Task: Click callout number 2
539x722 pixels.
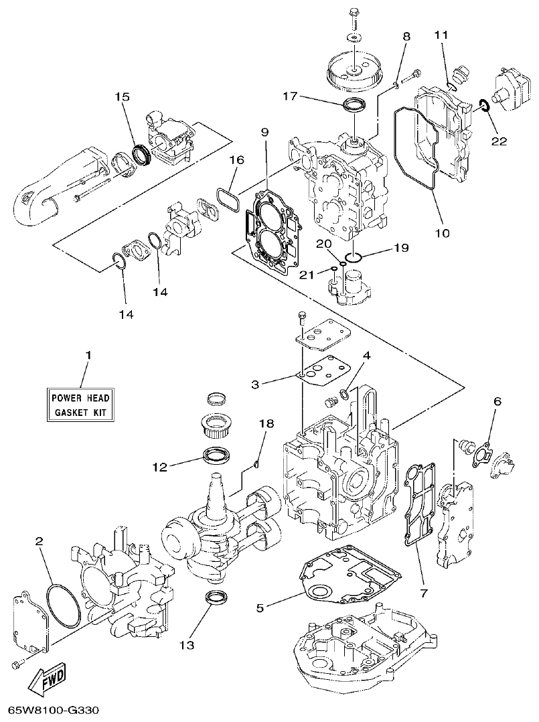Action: click(x=40, y=540)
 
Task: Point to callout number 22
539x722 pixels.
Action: click(x=499, y=141)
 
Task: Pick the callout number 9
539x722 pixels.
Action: click(x=265, y=133)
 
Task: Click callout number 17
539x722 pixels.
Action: click(x=290, y=97)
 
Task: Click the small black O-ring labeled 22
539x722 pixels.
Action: click(x=482, y=104)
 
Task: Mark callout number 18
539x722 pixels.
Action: click(x=266, y=423)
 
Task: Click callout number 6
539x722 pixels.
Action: click(x=497, y=401)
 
